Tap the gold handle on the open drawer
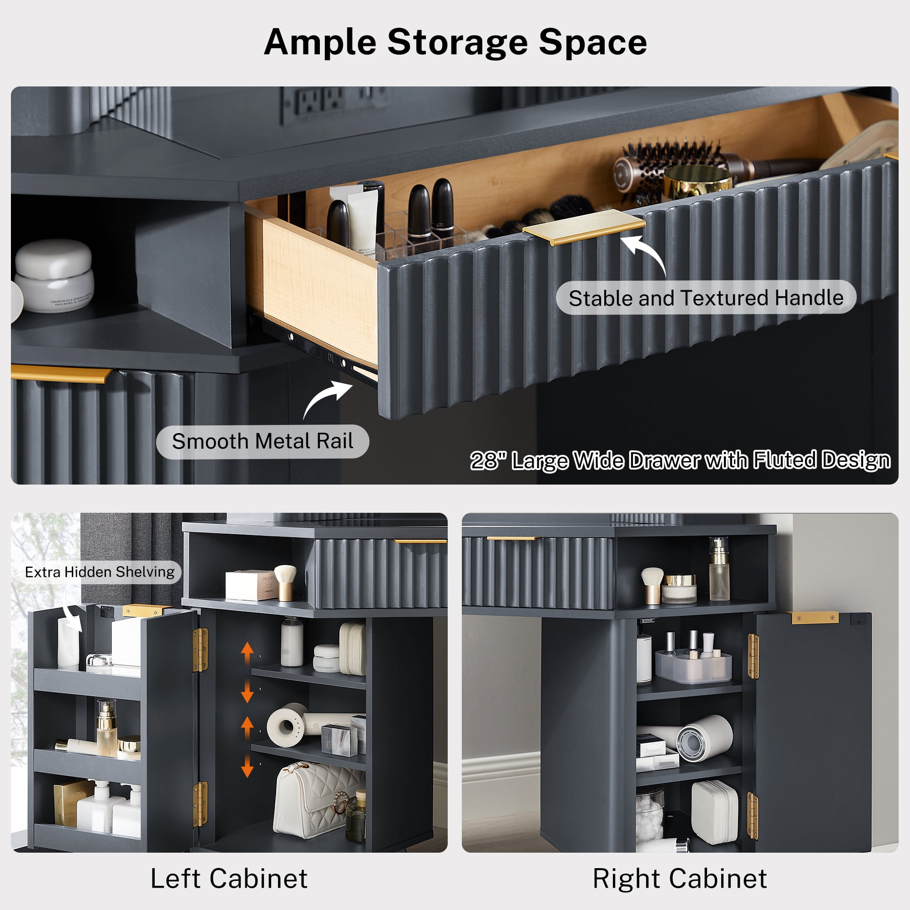pyautogui.click(x=584, y=227)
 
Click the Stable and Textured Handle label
pyautogui.click(x=706, y=298)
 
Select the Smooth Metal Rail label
pyautogui.click(x=263, y=441)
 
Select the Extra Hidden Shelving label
pyautogui.click(x=99, y=572)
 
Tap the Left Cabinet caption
pyautogui.click(x=229, y=879)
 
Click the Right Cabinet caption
pyautogui.click(x=680, y=879)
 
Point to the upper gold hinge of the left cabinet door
pyautogui.click(x=200, y=650)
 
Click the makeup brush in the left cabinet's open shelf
pyautogui.click(x=285, y=583)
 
